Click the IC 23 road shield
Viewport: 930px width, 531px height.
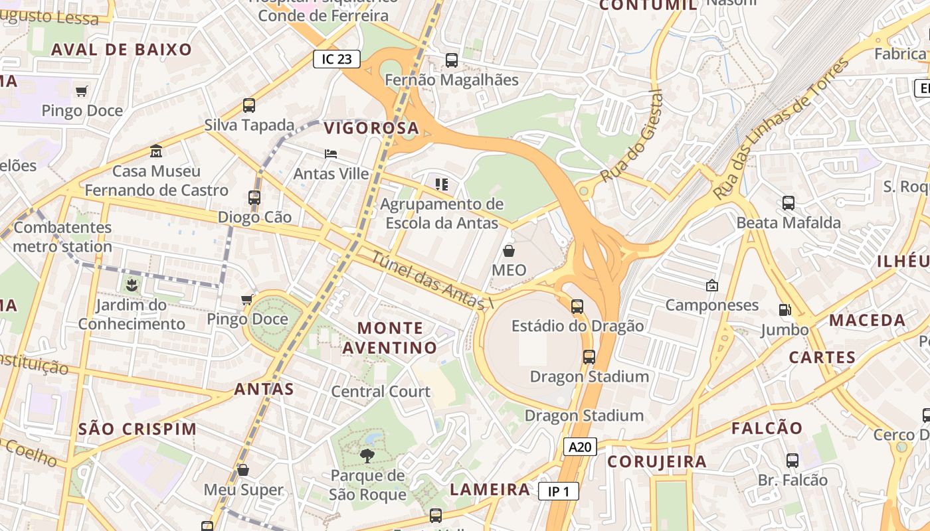coord(336,59)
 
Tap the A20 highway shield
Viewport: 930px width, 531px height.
coord(580,447)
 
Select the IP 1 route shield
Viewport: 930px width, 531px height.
coord(559,491)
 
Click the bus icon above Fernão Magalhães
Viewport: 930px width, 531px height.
coord(452,60)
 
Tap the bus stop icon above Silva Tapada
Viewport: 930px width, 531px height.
coord(249,105)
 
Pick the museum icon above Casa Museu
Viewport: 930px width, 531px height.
coord(156,151)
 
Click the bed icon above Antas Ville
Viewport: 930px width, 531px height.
coord(331,154)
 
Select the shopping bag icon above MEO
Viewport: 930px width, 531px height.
coord(509,251)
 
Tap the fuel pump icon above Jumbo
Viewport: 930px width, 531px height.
coord(785,310)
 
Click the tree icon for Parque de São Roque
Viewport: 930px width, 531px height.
coord(367,455)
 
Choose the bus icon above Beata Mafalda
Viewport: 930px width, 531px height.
coord(789,203)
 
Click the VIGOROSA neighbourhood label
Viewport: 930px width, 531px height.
coord(371,128)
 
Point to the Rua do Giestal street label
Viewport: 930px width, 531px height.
coord(632,137)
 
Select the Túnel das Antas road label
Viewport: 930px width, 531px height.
coord(430,279)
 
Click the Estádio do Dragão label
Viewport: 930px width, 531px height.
coord(577,326)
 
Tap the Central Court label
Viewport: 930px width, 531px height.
coord(381,392)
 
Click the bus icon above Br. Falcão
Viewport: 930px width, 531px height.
coord(792,460)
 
